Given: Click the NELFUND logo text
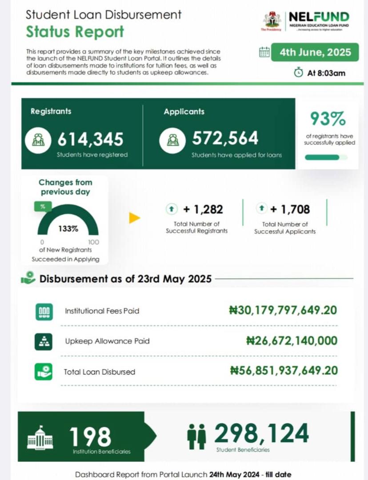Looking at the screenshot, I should tap(319, 17).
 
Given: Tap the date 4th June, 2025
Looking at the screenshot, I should tap(315, 52).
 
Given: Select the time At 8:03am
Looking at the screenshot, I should tap(326, 73).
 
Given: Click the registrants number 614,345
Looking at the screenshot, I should tap(90, 140).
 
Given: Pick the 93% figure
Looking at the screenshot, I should tap(328, 119).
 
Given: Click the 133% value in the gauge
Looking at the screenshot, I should tap(68, 229).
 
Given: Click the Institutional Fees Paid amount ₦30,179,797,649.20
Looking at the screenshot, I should tap(283, 310).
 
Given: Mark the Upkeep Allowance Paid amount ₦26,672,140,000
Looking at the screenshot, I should tap(292, 340).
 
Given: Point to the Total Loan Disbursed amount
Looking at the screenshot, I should tap(284, 371).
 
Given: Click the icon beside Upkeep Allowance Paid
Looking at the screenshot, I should tap(44, 341).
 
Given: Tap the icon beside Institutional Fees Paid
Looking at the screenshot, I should tap(44, 311).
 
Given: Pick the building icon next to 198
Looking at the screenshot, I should tap(40, 437).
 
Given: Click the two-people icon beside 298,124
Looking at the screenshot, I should tap(196, 436).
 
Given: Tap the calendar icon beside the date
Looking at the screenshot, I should tap(264, 52).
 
